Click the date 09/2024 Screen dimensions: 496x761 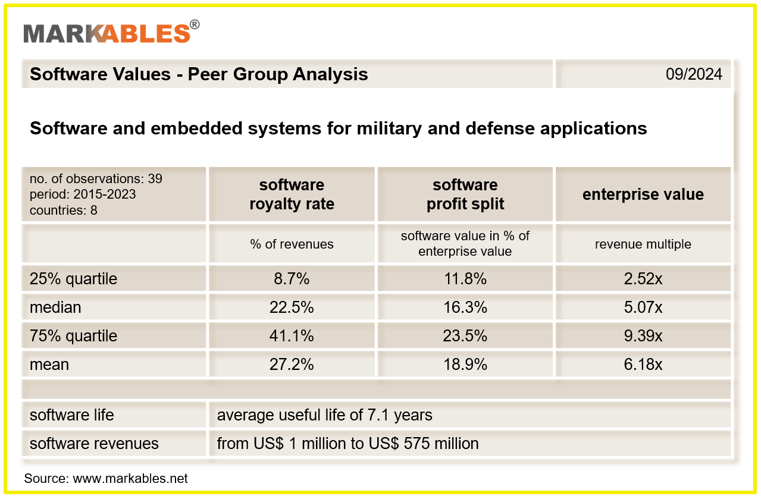[694, 74]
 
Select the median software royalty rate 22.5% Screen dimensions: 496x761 [292, 307]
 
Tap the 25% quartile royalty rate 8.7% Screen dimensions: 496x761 [292, 279]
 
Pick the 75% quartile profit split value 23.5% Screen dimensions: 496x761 [465, 336]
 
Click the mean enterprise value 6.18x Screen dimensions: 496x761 [643, 365]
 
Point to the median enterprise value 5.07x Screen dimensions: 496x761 [643, 307]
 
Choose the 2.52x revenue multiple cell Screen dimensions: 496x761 [643, 279]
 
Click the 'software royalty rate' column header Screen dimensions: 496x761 [292, 194]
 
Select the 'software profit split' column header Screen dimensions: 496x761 [465, 194]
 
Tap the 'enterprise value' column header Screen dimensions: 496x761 [643, 194]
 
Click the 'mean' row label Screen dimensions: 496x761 [49, 365]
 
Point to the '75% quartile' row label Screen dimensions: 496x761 [73, 336]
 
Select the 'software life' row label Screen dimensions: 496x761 [71, 415]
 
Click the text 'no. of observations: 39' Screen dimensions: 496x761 [96, 179]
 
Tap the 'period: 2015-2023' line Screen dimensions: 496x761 [83, 194]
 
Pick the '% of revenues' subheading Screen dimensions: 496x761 [292, 244]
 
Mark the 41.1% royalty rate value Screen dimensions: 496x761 [292, 336]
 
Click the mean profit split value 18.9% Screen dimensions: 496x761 [465, 365]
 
